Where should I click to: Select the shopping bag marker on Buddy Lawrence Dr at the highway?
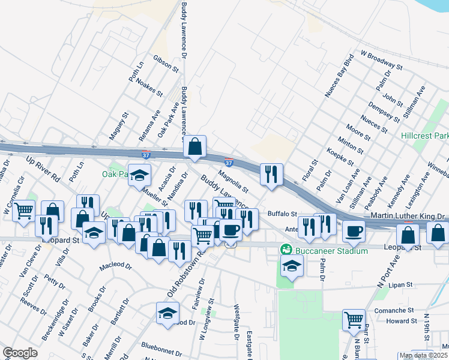click(195, 146)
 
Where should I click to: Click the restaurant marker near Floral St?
click(271, 175)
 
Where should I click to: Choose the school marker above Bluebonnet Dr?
click(167, 313)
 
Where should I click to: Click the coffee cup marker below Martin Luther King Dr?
click(354, 230)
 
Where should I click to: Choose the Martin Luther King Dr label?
click(407, 215)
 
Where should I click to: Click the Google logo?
click(20, 352)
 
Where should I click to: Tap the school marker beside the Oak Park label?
click(140, 176)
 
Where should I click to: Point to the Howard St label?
click(397, 321)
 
